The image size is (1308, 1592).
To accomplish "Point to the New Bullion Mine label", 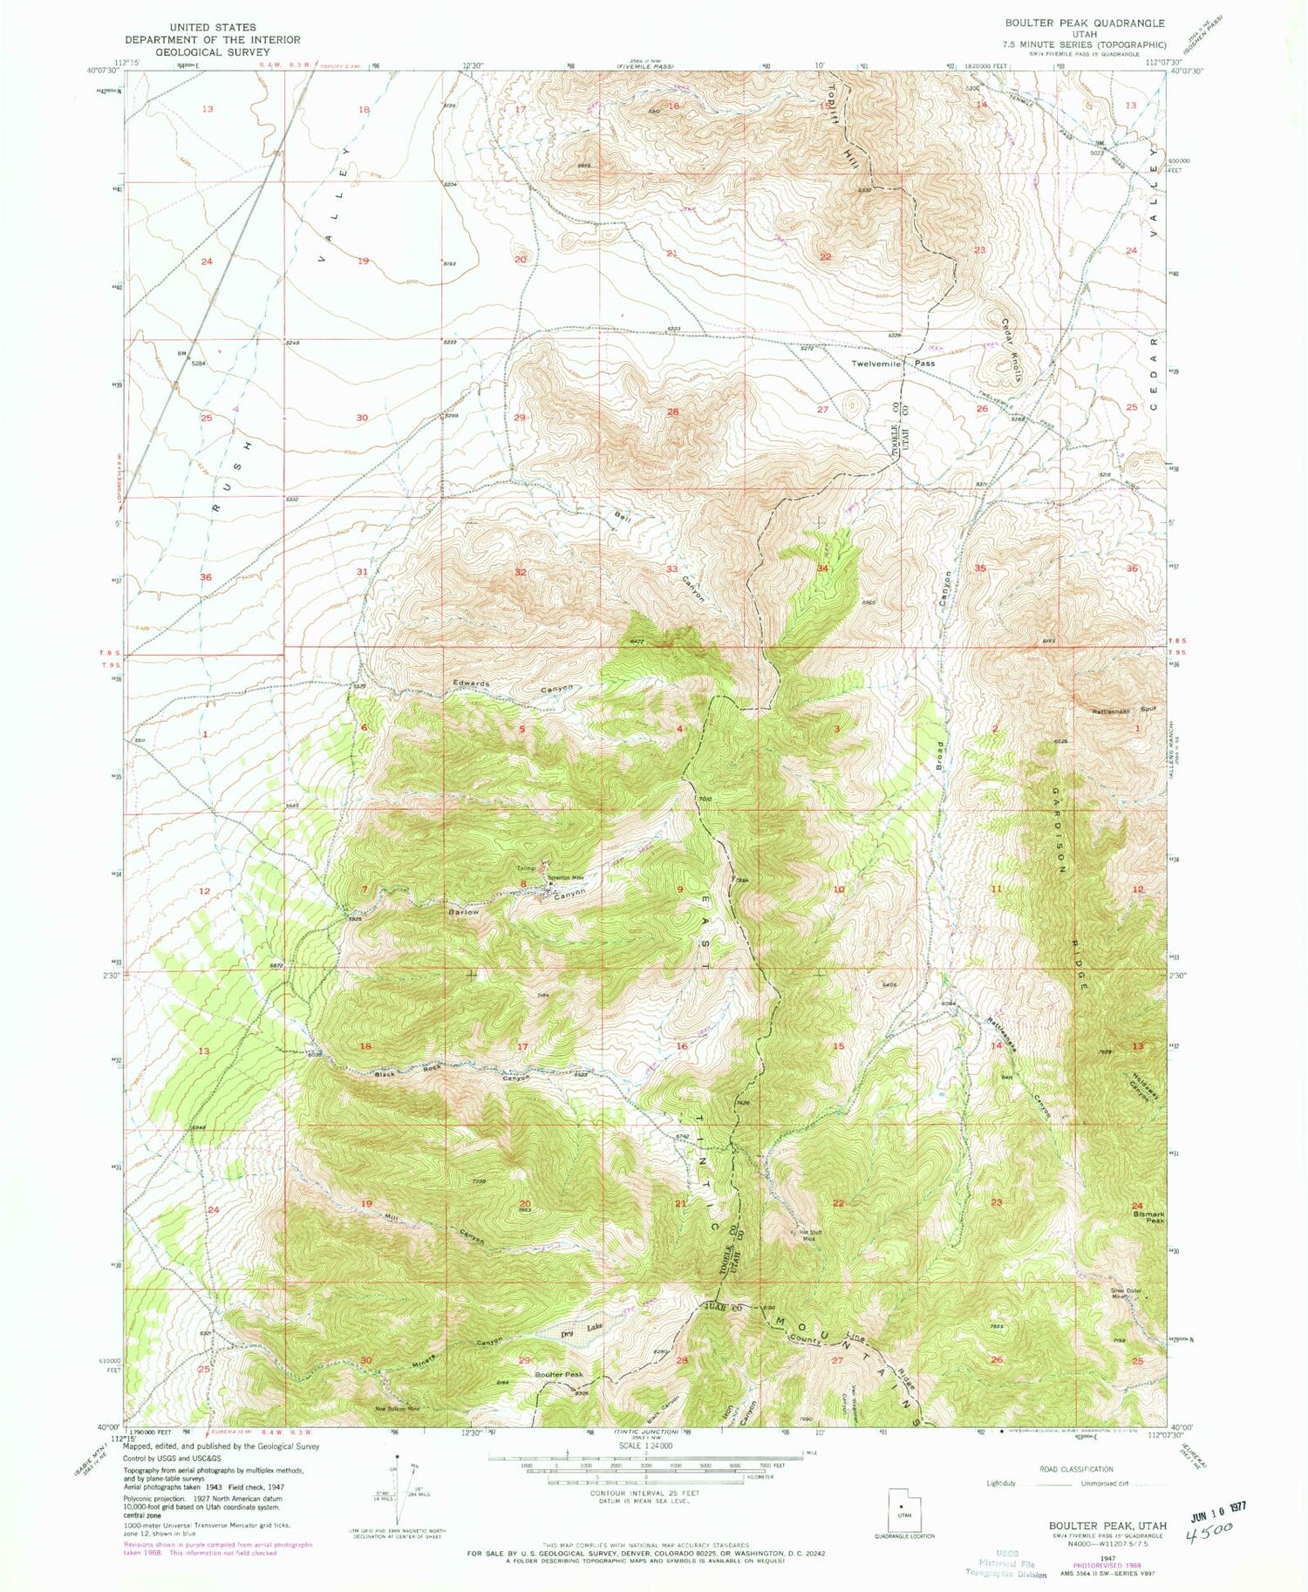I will click(x=397, y=1407).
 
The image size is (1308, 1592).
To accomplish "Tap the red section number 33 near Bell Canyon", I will click(x=672, y=568).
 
